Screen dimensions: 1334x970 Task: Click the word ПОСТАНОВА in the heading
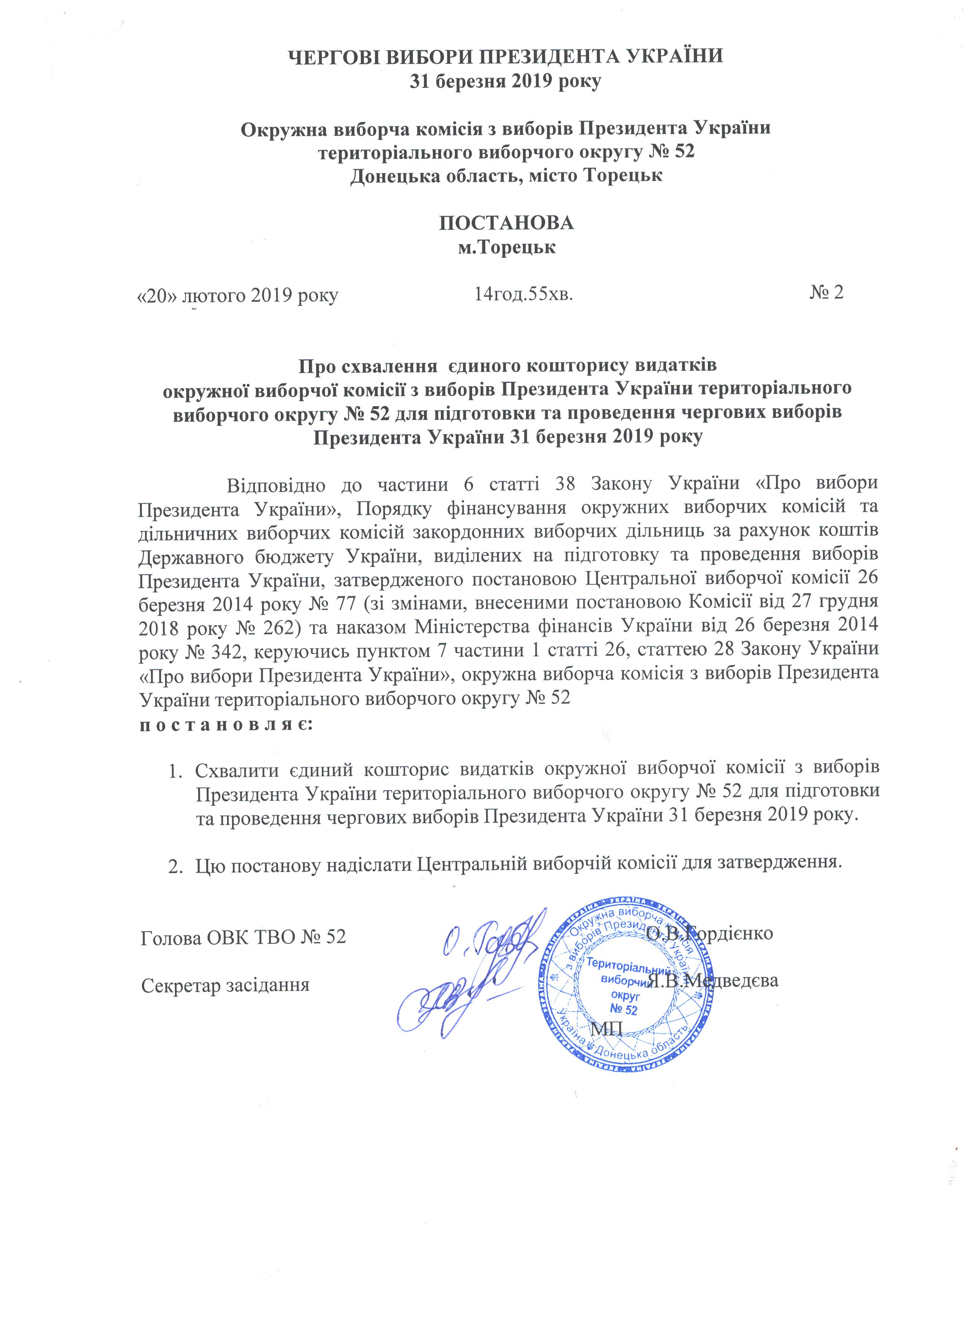[x=506, y=223]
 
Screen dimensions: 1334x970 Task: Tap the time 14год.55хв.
[x=523, y=292]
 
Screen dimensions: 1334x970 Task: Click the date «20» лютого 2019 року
[x=238, y=294]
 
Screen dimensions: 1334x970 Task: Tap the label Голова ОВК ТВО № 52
[x=243, y=936]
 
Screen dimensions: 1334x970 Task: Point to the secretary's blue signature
[x=447, y=994]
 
